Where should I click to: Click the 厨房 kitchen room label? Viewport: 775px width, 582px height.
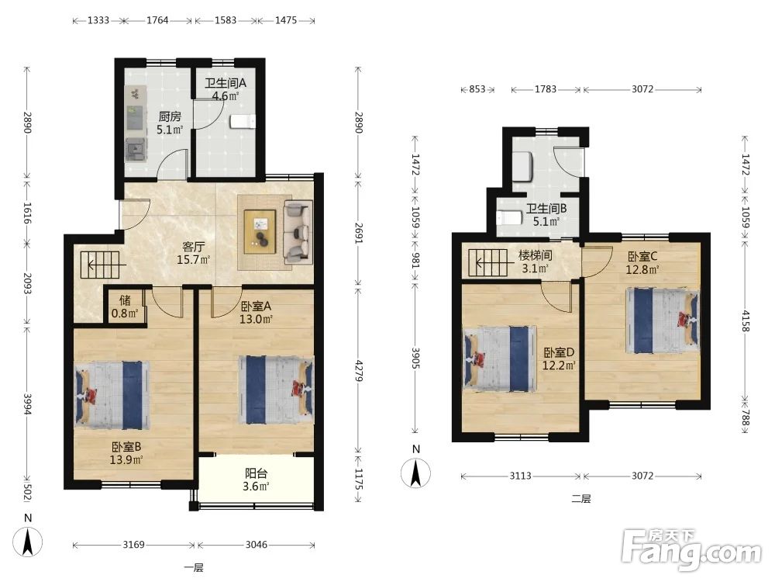point(170,117)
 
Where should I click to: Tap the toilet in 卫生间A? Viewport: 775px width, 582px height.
point(243,121)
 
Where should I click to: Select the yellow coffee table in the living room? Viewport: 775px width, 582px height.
point(260,231)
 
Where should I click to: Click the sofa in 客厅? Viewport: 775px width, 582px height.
point(298,231)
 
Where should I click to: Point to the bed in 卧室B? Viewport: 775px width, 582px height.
point(112,395)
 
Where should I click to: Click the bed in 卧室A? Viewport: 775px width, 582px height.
point(277,390)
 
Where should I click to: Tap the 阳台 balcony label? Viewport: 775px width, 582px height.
point(256,473)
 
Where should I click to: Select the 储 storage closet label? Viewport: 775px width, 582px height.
point(125,300)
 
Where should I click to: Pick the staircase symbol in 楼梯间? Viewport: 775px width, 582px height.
point(487,262)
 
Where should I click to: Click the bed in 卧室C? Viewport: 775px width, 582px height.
point(663,320)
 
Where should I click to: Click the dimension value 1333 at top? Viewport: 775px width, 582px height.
point(98,20)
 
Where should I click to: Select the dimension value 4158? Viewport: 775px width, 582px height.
point(746,321)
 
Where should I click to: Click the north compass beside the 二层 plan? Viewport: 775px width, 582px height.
point(415,473)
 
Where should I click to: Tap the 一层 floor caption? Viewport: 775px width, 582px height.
point(194,568)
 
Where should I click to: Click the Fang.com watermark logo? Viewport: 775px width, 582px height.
point(691,550)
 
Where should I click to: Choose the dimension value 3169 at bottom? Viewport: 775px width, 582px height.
point(133,545)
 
